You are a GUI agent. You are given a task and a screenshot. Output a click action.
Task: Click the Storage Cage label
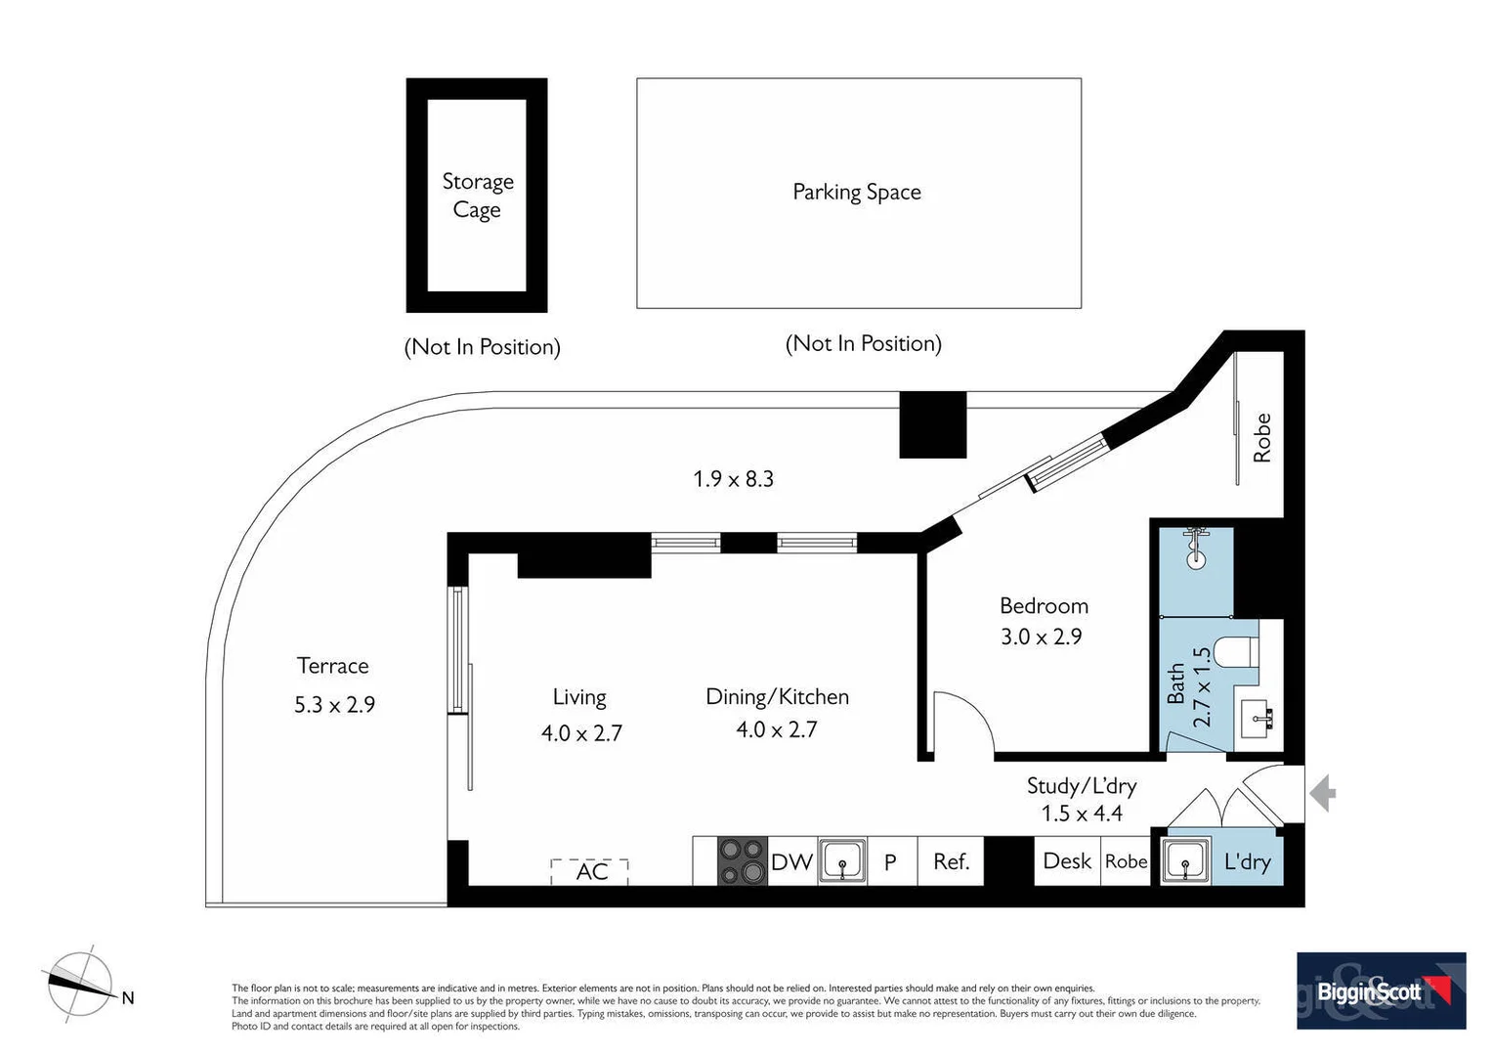[x=477, y=196]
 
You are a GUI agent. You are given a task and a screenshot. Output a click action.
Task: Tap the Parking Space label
[x=856, y=193]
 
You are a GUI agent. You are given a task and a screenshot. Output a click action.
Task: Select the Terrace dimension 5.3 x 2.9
[x=334, y=705]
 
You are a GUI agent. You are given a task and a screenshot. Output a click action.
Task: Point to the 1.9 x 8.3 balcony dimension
[x=733, y=479]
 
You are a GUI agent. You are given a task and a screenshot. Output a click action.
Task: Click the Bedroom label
[x=1044, y=606]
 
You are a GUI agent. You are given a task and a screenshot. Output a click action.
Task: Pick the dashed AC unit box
[x=589, y=871]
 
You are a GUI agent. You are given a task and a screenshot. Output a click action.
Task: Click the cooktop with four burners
[x=743, y=861]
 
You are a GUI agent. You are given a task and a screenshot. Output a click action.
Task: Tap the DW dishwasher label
[x=791, y=862]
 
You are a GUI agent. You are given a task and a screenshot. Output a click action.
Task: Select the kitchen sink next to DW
[x=842, y=861]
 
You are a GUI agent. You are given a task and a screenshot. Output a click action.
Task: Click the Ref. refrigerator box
[x=951, y=861]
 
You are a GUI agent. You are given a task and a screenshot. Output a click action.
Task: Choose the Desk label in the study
[x=1067, y=861]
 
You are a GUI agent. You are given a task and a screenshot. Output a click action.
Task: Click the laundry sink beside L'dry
[x=1186, y=861]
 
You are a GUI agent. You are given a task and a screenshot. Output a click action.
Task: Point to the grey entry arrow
[x=1323, y=793]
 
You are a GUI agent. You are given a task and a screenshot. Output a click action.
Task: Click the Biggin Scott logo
[x=1381, y=990]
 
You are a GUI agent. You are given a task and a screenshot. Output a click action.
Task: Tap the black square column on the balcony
[x=932, y=424]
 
